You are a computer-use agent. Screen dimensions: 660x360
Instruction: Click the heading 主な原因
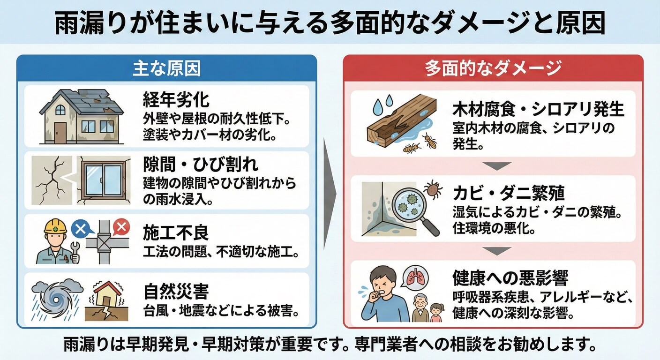tap(167, 68)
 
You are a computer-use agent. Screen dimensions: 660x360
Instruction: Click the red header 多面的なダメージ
tap(493, 68)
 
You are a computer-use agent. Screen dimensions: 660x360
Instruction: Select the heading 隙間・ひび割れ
tap(201, 165)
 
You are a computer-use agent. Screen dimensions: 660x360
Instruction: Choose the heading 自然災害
tap(176, 292)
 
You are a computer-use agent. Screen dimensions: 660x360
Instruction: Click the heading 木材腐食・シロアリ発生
tap(538, 109)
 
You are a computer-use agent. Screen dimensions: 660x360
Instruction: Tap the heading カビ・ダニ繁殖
tap(509, 193)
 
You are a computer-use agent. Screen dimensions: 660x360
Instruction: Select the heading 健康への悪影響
tap(510, 278)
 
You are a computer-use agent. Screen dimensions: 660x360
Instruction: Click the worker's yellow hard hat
tap(55, 226)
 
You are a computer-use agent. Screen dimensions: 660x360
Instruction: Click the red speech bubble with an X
tap(121, 227)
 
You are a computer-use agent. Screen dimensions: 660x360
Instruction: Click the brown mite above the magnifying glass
tap(433, 189)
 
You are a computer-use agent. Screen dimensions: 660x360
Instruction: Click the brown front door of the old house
tap(60, 133)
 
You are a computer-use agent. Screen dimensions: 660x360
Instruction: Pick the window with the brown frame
tap(104, 180)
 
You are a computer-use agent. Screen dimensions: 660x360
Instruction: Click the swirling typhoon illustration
tap(56, 300)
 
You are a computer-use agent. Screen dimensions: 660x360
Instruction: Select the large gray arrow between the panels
tap(330, 194)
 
